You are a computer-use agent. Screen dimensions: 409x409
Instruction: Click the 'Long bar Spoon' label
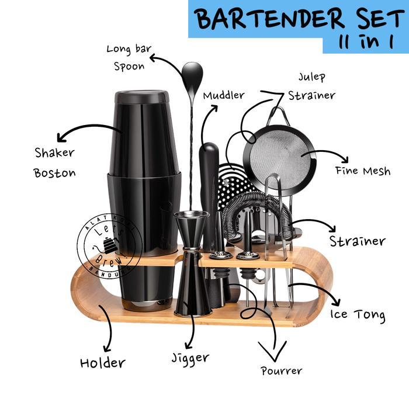(126, 57)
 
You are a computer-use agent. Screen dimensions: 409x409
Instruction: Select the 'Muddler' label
(224, 95)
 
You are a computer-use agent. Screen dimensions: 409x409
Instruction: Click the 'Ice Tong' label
(358, 314)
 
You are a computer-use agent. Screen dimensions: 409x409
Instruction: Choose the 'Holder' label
(102, 362)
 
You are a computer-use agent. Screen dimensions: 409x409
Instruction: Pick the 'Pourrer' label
(281, 370)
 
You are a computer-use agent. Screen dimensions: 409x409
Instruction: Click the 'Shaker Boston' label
(54, 162)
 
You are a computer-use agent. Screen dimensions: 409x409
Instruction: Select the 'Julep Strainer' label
(311, 86)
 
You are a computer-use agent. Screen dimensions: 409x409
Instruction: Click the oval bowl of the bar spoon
(192, 74)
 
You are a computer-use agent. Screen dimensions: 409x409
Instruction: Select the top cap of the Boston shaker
(141, 97)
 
